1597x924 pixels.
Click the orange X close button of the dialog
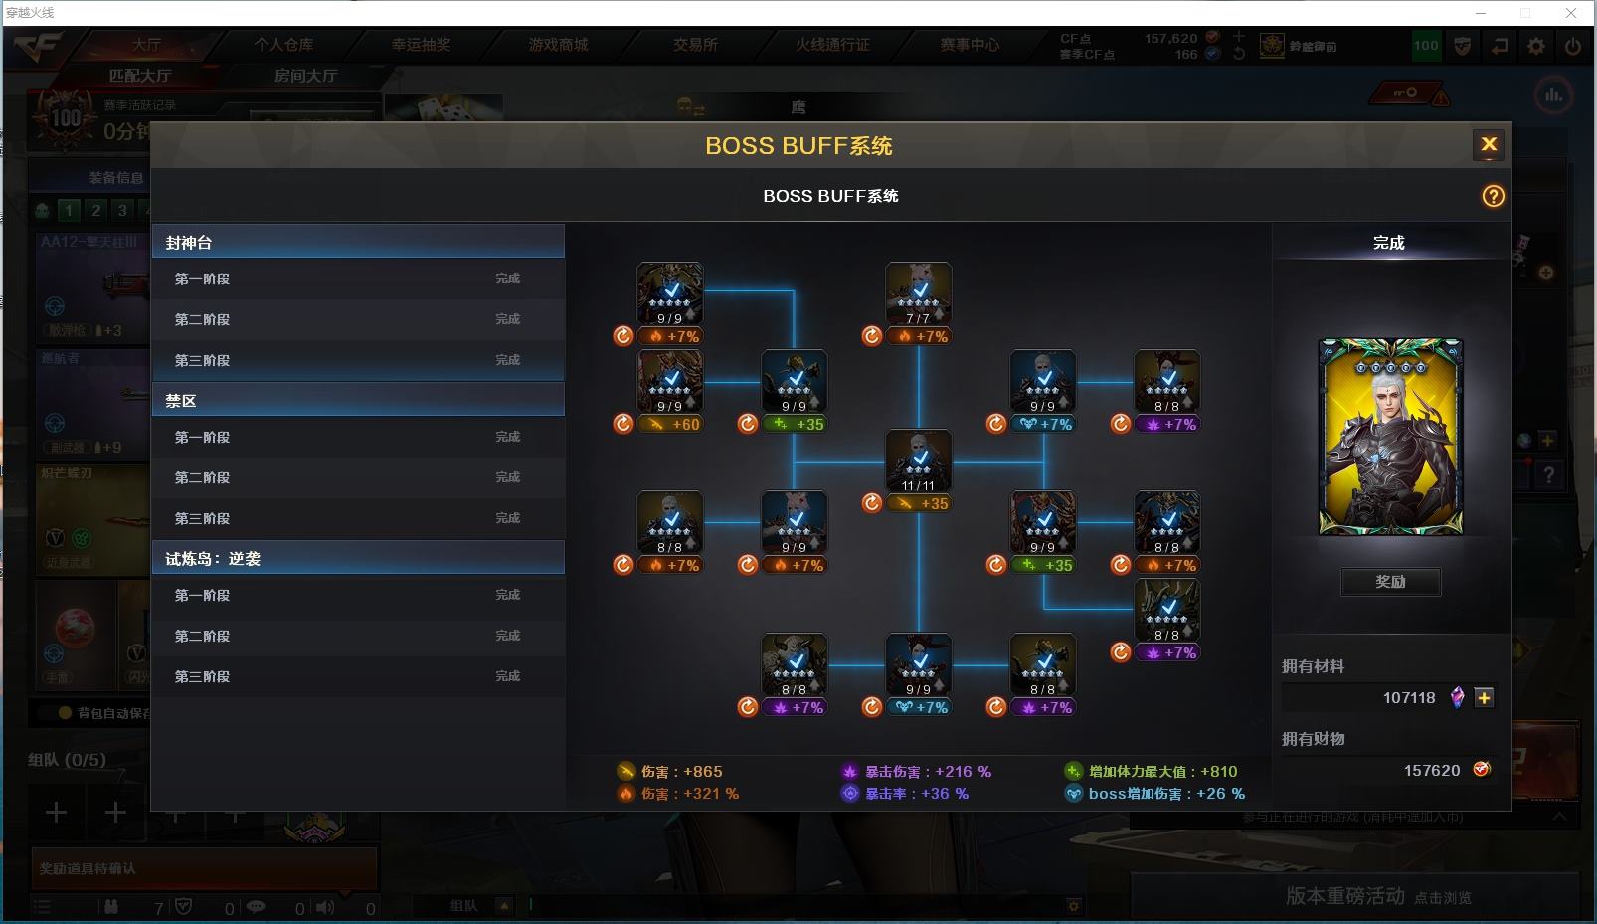tap(1488, 145)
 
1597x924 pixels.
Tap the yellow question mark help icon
tap(1493, 196)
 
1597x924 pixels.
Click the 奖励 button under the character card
tap(1390, 582)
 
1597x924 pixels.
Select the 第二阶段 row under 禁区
tap(358, 477)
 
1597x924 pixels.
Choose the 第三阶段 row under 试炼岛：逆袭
tap(358, 676)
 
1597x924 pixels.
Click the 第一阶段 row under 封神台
tap(358, 278)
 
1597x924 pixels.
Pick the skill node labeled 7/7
tap(918, 293)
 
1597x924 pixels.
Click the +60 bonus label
tap(685, 424)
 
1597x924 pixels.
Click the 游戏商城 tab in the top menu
tap(558, 45)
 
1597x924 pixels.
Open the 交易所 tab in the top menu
tap(695, 45)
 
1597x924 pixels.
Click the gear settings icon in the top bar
tap(1536, 46)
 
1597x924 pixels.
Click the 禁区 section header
tap(358, 400)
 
